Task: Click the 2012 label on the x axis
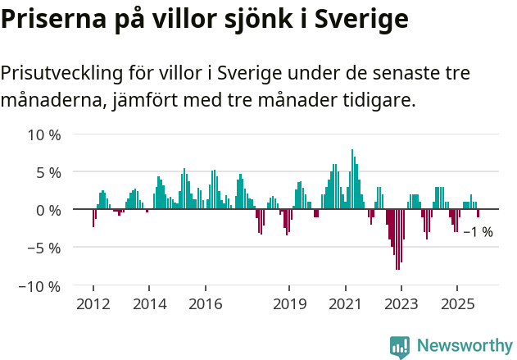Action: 93,305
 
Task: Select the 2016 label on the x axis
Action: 205,305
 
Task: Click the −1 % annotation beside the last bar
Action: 478,232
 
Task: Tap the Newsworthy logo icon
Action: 400,346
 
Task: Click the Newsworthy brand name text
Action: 464,346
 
